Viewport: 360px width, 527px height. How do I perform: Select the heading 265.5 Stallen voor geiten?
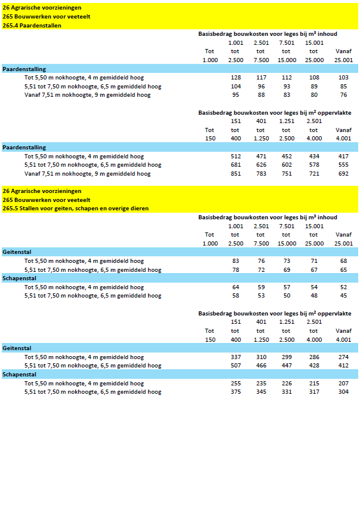75,209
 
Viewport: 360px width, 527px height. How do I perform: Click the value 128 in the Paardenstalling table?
235,78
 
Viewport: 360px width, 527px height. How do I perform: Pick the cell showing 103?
343,78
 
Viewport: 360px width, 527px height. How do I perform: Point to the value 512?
235,157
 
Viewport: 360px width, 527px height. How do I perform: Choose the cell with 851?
235,174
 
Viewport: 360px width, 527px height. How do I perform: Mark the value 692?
343,174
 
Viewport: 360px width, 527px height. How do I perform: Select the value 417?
343,157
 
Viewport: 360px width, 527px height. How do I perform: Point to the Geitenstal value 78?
235,270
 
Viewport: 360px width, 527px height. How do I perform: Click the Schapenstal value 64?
235,287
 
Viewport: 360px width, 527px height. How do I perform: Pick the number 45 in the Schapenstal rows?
343,296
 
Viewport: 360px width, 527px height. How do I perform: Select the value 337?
235,357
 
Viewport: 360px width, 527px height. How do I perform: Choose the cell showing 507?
235,366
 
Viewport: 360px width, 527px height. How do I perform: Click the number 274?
343,357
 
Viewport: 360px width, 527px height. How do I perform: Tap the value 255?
235,384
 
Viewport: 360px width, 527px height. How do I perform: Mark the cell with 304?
343,392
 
